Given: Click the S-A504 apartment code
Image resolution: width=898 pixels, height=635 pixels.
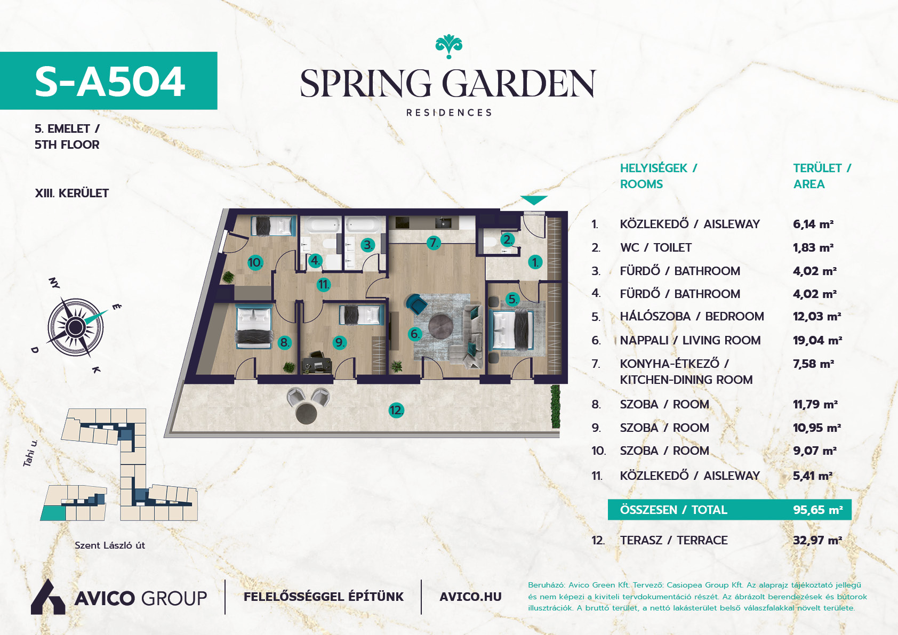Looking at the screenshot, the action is click(x=109, y=82).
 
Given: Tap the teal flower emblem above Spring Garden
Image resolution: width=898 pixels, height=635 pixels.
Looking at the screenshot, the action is click(x=448, y=47).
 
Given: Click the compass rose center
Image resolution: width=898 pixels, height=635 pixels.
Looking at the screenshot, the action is click(x=75, y=327).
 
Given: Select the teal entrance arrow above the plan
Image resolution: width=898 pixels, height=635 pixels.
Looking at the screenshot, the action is click(x=534, y=200).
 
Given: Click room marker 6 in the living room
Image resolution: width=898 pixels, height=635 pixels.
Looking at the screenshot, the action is click(x=414, y=334).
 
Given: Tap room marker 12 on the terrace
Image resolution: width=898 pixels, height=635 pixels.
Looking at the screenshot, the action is click(x=396, y=410).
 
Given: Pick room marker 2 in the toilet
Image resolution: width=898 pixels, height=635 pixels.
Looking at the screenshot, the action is click(x=508, y=240).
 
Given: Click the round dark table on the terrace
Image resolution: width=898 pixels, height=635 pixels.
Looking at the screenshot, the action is click(x=306, y=413).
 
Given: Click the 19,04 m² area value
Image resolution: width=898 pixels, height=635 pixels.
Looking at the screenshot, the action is click(x=817, y=340).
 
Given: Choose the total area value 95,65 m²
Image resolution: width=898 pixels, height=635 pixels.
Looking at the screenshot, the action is click(x=818, y=510).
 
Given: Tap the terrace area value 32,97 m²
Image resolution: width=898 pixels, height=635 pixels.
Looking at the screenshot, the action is click(x=817, y=541).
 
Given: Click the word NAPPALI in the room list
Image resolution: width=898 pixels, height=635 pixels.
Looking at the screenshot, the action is click(x=644, y=340).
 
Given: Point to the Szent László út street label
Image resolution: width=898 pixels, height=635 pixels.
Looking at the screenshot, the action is click(x=110, y=545).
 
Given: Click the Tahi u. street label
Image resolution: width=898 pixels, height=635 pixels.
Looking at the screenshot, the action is click(x=30, y=453).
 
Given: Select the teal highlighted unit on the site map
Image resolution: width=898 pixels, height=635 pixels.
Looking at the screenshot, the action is click(x=52, y=513).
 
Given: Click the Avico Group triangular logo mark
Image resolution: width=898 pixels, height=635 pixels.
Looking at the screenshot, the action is click(x=47, y=597).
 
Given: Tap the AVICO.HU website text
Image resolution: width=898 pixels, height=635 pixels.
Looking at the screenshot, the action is click(x=470, y=597).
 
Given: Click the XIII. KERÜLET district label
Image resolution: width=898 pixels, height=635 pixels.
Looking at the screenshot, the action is click(x=72, y=193).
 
